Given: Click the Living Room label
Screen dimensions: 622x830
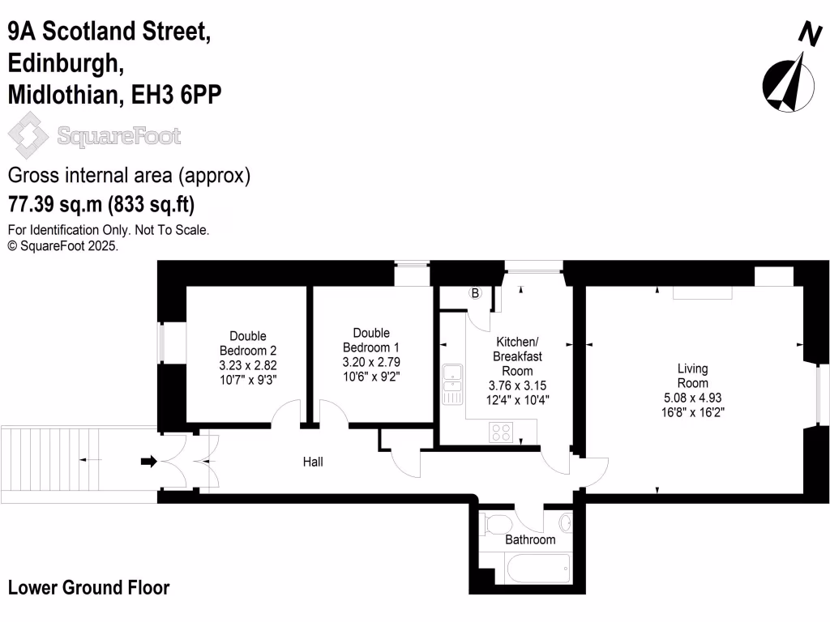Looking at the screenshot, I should point(692,376).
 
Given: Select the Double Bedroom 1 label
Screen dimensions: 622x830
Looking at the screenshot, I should point(371,340).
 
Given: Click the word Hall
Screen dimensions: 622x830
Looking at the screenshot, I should point(313,462).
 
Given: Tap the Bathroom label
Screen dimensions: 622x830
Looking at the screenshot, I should point(530,539).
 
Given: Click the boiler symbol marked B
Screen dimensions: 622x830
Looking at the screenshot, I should point(476,293).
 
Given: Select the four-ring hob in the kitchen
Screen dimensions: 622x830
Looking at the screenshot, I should point(502,432).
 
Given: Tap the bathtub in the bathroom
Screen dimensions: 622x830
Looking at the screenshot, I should point(538,569).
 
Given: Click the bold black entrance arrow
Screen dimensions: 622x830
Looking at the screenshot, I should point(148,462).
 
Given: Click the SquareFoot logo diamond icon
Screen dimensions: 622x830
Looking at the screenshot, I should point(28,136).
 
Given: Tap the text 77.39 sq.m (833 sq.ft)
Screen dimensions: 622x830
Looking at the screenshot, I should point(101,202).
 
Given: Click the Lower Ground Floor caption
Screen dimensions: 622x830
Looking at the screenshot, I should point(89,588).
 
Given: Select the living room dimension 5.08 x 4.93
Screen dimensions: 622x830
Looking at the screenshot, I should point(692,398).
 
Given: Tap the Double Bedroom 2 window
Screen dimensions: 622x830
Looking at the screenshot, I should point(160,343).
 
